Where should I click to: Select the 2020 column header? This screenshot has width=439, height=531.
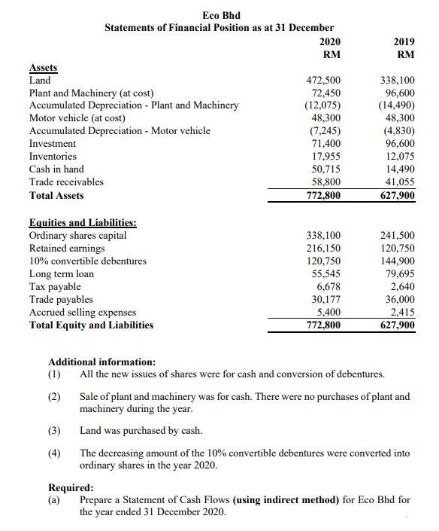tap(331, 41)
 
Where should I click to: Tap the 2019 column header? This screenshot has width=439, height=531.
tap(404, 41)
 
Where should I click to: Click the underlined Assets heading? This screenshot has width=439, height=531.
tap(43, 68)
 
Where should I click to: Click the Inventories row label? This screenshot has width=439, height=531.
tap(53, 156)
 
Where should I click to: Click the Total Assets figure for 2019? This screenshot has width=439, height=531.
tap(398, 196)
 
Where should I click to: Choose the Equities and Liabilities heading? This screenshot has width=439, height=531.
tap(82, 222)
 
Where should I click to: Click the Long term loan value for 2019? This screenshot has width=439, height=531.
tap(401, 273)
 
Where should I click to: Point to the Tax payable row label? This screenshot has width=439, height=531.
tap(54, 286)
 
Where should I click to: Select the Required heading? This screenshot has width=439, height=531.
tap(71, 487)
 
